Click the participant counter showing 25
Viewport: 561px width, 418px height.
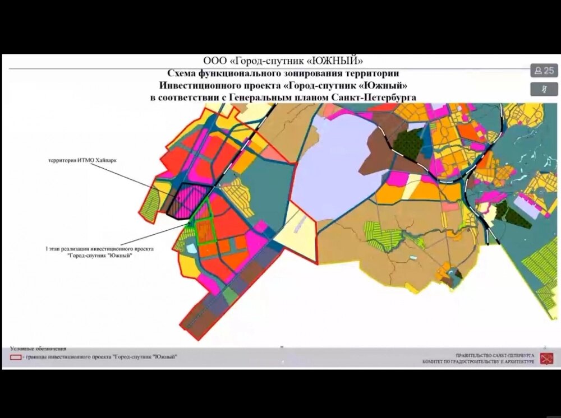[x=544, y=71]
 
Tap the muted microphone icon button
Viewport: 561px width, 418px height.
[x=544, y=89]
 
